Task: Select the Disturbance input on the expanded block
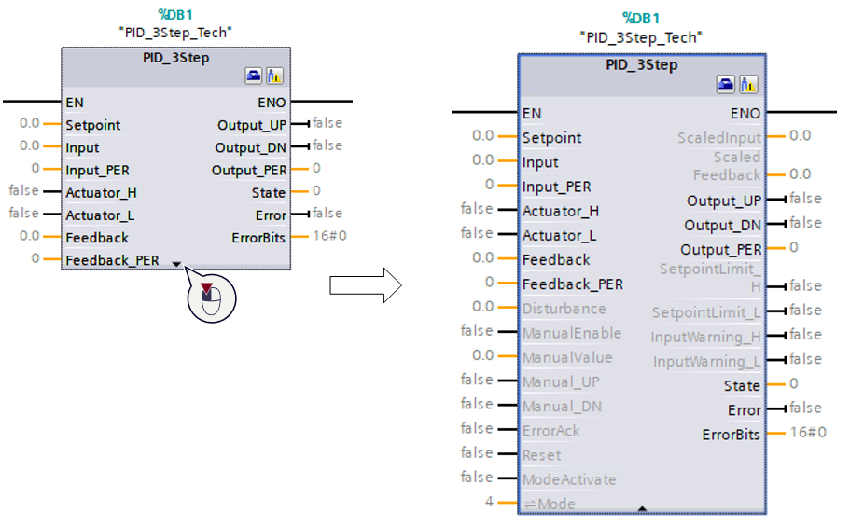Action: coord(564,309)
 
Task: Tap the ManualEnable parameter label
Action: coord(571,333)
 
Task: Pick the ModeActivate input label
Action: coord(569,479)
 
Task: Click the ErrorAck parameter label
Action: coord(550,431)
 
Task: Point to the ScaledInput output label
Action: coord(718,138)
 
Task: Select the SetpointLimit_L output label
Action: coord(705,311)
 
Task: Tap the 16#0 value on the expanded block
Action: coord(807,432)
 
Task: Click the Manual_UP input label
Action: coord(561,381)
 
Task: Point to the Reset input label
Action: coord(541,455)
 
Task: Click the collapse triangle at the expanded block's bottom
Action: coord(642,508)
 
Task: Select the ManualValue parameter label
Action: coord(567,357)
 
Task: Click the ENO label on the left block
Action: coord(272,103)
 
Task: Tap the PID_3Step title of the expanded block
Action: coord(641,65)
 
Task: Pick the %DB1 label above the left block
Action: coord(174,15)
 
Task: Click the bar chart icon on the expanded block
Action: coord(748,86)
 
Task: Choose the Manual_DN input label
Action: coord(562,407)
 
